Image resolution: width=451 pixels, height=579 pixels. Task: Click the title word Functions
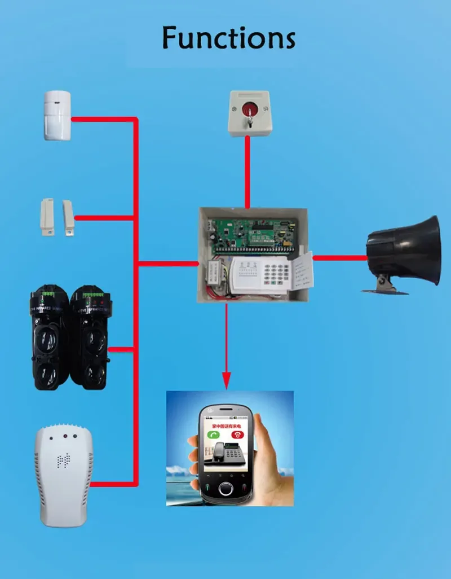(x=228, y=38)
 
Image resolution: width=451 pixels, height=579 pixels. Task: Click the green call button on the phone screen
(x=213, y=435)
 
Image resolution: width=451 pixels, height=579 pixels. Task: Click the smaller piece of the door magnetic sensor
(x=69, y=217)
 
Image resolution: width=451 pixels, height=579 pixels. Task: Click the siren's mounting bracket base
(x=386, y=289)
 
